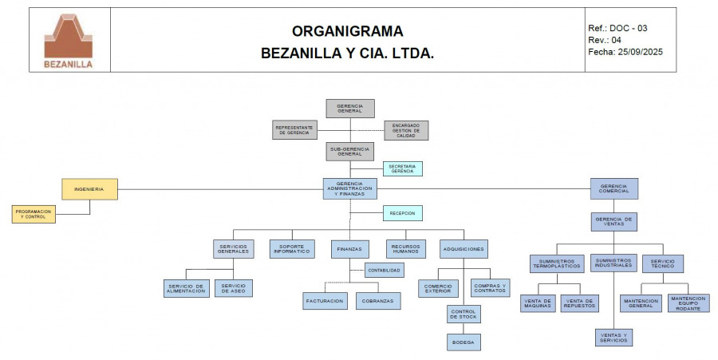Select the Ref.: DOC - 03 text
[617, 28]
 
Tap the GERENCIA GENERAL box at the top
[349, 109]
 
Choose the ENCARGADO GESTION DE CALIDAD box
[406, 130]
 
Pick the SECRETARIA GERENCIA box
[402, 168]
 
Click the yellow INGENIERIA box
[90, 189]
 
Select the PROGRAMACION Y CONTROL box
[34, 214]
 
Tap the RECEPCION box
[402, 213]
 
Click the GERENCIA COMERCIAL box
[613, 188]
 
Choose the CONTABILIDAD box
[385, 271]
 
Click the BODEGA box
[464, 342]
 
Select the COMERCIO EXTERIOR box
[438, 287]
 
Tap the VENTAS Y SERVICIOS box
[613, 337]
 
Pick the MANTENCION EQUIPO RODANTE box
[688, 303]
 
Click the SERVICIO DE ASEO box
[234, 287]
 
